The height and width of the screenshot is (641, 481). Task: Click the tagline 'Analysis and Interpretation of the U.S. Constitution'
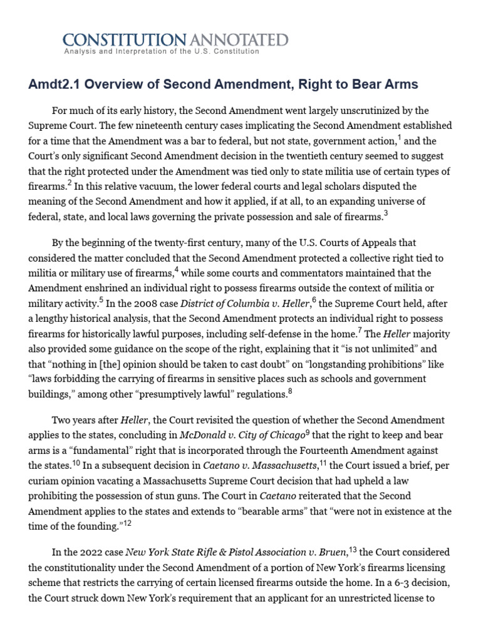coord(162,52)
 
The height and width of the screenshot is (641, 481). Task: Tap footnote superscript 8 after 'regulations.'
coord(290,391)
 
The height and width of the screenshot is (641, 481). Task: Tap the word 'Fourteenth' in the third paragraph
coord(353,449)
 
